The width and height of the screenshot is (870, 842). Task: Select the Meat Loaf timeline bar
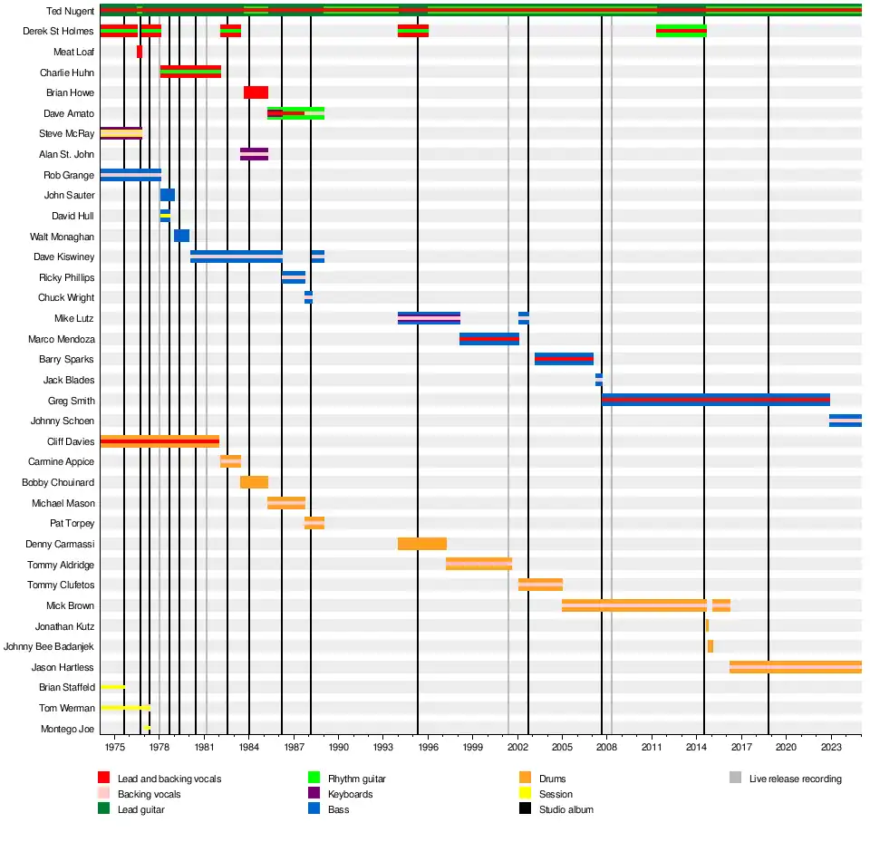tap(140, 52)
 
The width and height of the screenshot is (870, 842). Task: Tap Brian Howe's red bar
tap(256, 92)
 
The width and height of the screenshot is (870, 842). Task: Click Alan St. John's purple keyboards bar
tap(254, 154)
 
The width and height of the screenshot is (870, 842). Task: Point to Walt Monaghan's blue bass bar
tap(181, 236)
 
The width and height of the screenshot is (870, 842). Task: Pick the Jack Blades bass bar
tap(598, 380)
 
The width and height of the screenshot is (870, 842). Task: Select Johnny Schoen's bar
tap(845, 421)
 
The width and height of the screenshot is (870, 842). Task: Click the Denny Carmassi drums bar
tap(421, 544)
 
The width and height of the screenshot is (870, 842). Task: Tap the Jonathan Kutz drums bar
tap(707, 625)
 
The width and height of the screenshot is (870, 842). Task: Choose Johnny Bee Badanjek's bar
tap(710, 646)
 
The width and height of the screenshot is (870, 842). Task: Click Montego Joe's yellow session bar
tap(147, 728)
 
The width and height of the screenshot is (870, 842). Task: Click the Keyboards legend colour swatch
tap(314, 794)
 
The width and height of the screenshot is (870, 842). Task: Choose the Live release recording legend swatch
tap(735, 779)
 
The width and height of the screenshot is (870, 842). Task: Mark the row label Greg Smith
tap(71, 401)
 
